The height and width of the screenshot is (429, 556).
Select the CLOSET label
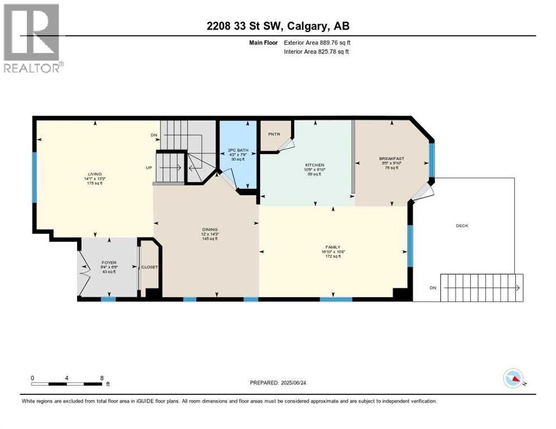point(149,267)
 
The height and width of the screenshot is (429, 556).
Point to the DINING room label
point(210,230)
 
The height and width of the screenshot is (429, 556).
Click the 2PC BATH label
point(237,150)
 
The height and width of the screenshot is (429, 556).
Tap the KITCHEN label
point(314,165)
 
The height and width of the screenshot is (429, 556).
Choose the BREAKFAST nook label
point(392,159)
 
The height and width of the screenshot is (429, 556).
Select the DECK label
point(461,226)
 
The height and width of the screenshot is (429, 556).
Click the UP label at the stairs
point(148,167)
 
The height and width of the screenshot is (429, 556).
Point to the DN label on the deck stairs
point(432,288)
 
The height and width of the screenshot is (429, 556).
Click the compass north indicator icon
point(513,378)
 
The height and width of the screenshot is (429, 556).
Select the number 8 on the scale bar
point(101,378)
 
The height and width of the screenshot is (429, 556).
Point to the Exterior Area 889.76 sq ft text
point(317,42)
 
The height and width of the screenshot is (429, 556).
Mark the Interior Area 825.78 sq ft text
point(317,52)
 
